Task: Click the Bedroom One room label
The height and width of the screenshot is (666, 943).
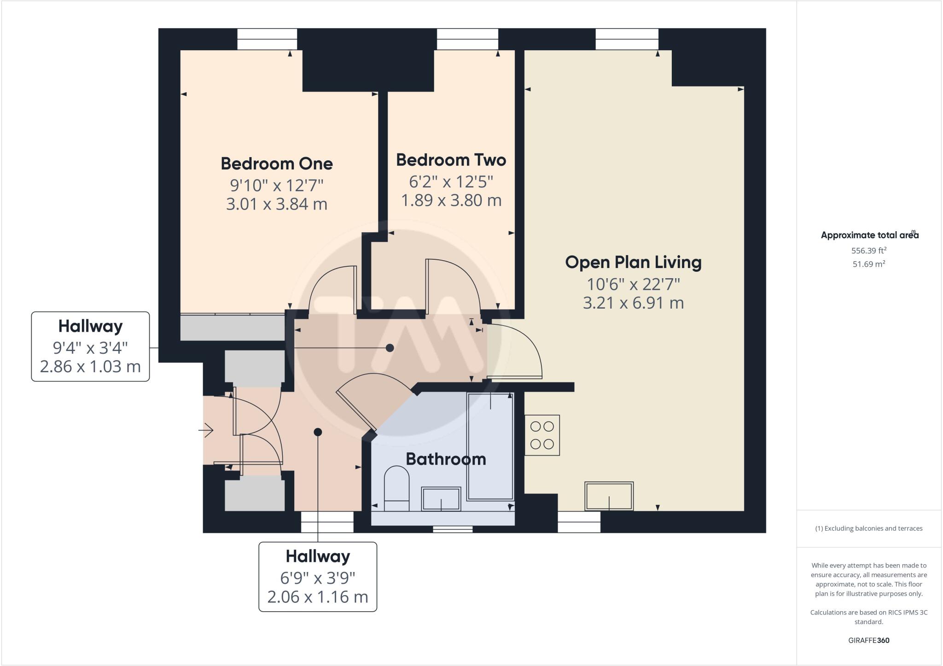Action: [276, 164]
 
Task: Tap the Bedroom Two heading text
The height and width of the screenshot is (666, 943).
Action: [451, 160]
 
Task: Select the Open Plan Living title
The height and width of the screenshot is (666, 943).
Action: [633, 262]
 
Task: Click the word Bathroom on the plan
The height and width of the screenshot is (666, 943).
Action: [446, 459]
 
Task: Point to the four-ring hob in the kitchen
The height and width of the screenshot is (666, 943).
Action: [542, 435]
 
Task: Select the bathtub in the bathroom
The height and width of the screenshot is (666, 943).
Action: [490, 446]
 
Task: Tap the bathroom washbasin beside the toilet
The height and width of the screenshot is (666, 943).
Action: [441, 499]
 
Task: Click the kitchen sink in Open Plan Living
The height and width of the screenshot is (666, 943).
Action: [609, 496]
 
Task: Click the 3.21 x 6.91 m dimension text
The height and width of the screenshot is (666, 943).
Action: [633, 303]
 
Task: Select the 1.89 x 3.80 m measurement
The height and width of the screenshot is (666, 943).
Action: [451, 200]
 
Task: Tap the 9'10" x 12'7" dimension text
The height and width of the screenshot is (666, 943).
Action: [276, 185]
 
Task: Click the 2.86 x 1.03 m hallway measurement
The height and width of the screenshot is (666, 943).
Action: [90, 367]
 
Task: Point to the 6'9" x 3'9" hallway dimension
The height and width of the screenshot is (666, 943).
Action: [318, 577]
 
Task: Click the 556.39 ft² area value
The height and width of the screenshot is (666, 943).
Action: [868, 251]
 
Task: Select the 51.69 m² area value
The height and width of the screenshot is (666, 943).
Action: [868, 264]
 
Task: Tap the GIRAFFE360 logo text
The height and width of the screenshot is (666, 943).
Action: [868, 640]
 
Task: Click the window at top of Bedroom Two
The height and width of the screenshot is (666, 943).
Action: [467, 39]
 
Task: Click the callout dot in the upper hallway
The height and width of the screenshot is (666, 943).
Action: [390, 348]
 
